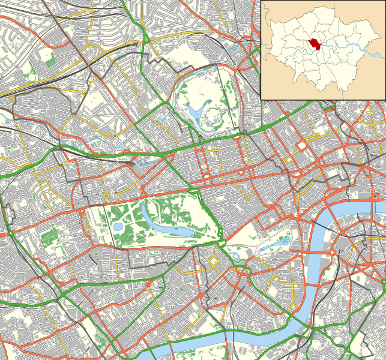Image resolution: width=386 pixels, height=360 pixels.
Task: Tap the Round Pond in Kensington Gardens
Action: [118, 226]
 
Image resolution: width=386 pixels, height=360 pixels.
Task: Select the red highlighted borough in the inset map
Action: [313, 45]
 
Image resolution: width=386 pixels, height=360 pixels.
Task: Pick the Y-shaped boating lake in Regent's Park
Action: [195, 110]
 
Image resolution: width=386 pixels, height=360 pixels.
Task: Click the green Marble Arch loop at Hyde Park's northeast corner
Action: [193, 191]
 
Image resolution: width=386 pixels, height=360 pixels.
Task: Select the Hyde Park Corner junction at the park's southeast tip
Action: [222, 244]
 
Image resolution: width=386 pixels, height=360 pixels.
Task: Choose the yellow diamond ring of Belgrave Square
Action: [214, 262]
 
